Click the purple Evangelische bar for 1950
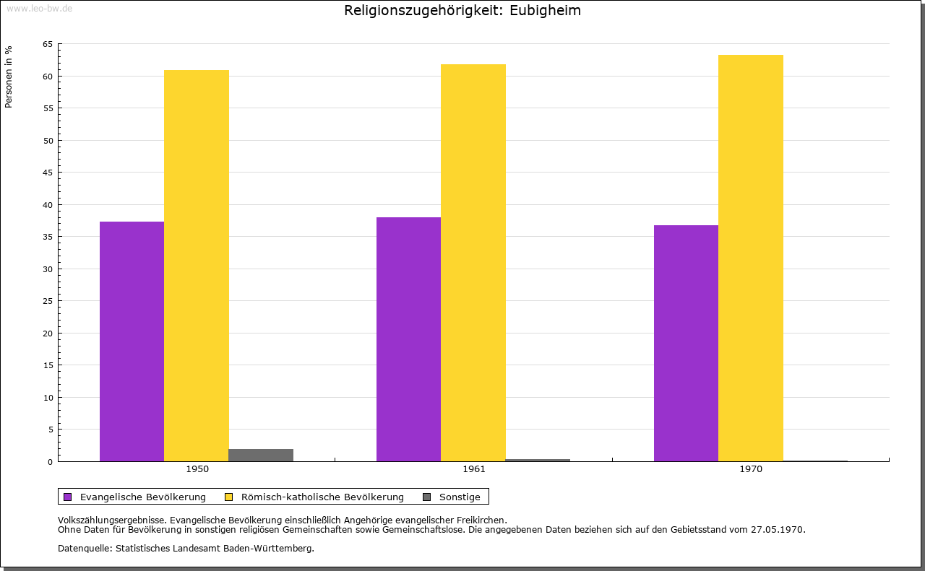[132, 341]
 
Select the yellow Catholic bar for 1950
[197, 266]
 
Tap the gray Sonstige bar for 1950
[261, 455]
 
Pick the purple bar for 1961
[408, 339]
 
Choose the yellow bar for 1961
[473, 263]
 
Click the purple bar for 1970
[686, 343]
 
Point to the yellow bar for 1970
[751, 258]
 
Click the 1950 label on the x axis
[197, 469]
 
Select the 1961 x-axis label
[474, 469]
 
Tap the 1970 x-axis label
[751, 469]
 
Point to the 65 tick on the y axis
[48, 44]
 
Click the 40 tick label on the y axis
[48, 205]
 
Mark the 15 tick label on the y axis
[48, 365]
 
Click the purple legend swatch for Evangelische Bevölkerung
[68, 497]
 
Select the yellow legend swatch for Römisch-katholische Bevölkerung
[229, 497]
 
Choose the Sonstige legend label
[460, 497]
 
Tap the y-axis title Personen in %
[9, 77]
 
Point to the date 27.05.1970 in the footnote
[778, 529]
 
